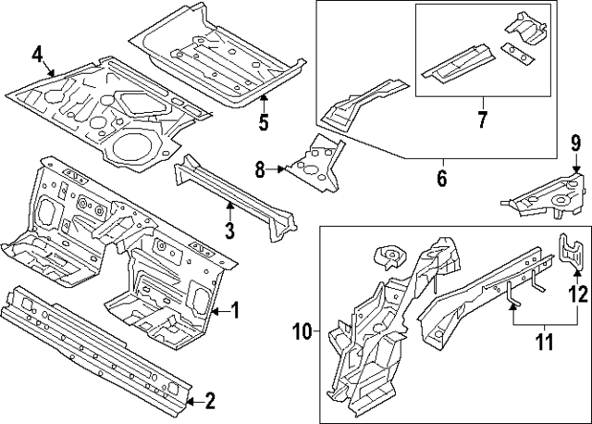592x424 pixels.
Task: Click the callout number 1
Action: click(235, 311)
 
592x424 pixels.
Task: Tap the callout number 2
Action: click(210, 401)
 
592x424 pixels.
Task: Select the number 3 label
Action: click(230, 231)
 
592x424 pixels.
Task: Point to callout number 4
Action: click(37, 54)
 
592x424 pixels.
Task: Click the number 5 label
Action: click(264, 122)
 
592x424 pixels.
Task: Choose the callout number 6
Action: click(442, 179)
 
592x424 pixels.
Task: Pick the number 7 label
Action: click(482, 119)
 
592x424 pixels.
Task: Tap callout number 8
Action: click(260, 169)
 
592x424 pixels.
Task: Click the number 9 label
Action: click(575, 144)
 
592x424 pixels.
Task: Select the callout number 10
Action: click(302, 331)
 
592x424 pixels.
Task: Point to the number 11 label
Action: click(544, 342)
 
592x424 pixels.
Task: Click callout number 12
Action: click(578, 294)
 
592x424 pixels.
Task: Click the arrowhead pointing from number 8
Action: click(280, 169)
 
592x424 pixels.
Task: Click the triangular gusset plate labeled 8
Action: click(316, 165)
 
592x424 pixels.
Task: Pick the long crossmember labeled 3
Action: click(236, 196)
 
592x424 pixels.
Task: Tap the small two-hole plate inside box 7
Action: click(518, 54)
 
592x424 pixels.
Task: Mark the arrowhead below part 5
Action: click(264, 98)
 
